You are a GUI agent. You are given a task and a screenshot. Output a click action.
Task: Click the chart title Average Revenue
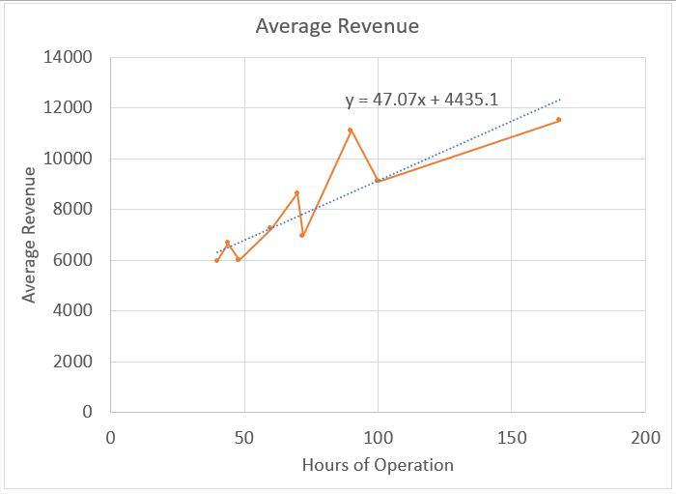(337, 26)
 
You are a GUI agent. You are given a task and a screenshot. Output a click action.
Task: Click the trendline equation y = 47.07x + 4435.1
(422, 100)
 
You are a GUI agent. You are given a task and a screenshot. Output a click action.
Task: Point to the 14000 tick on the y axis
(68, 57)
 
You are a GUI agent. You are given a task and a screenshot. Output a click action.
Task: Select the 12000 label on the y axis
(68, 107)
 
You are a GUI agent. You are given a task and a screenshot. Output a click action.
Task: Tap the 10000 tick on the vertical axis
(68, 159)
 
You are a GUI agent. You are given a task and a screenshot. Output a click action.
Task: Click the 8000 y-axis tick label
(72, 209)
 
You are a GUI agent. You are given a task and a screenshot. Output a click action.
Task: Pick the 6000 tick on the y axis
(72, 260)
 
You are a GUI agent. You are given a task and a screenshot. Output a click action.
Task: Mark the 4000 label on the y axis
(72, 310)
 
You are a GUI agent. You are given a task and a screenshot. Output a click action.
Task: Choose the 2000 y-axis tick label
(72, 361)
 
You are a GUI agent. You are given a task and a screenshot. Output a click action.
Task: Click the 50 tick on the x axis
(244, 437)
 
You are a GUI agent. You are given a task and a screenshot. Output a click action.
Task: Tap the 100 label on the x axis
(378, 437)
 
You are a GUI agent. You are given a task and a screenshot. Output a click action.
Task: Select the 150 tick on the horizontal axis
(512, 437)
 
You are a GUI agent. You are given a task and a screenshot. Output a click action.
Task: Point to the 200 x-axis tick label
(645, 437)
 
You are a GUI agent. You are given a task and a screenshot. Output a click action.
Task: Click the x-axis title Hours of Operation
(378, 465)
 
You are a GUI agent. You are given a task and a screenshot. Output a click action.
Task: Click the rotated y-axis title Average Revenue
(29, 234)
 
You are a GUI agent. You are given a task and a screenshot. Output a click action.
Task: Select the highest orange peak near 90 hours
(351, 130)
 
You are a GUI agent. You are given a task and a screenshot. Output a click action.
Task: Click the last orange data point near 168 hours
(559, 120)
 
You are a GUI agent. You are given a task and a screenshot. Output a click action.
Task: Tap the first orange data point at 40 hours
(217, 260)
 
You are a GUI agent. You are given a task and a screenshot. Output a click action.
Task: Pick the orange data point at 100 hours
(378, 181)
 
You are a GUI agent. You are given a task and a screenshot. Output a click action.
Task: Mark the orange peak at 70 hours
(297, 192)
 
